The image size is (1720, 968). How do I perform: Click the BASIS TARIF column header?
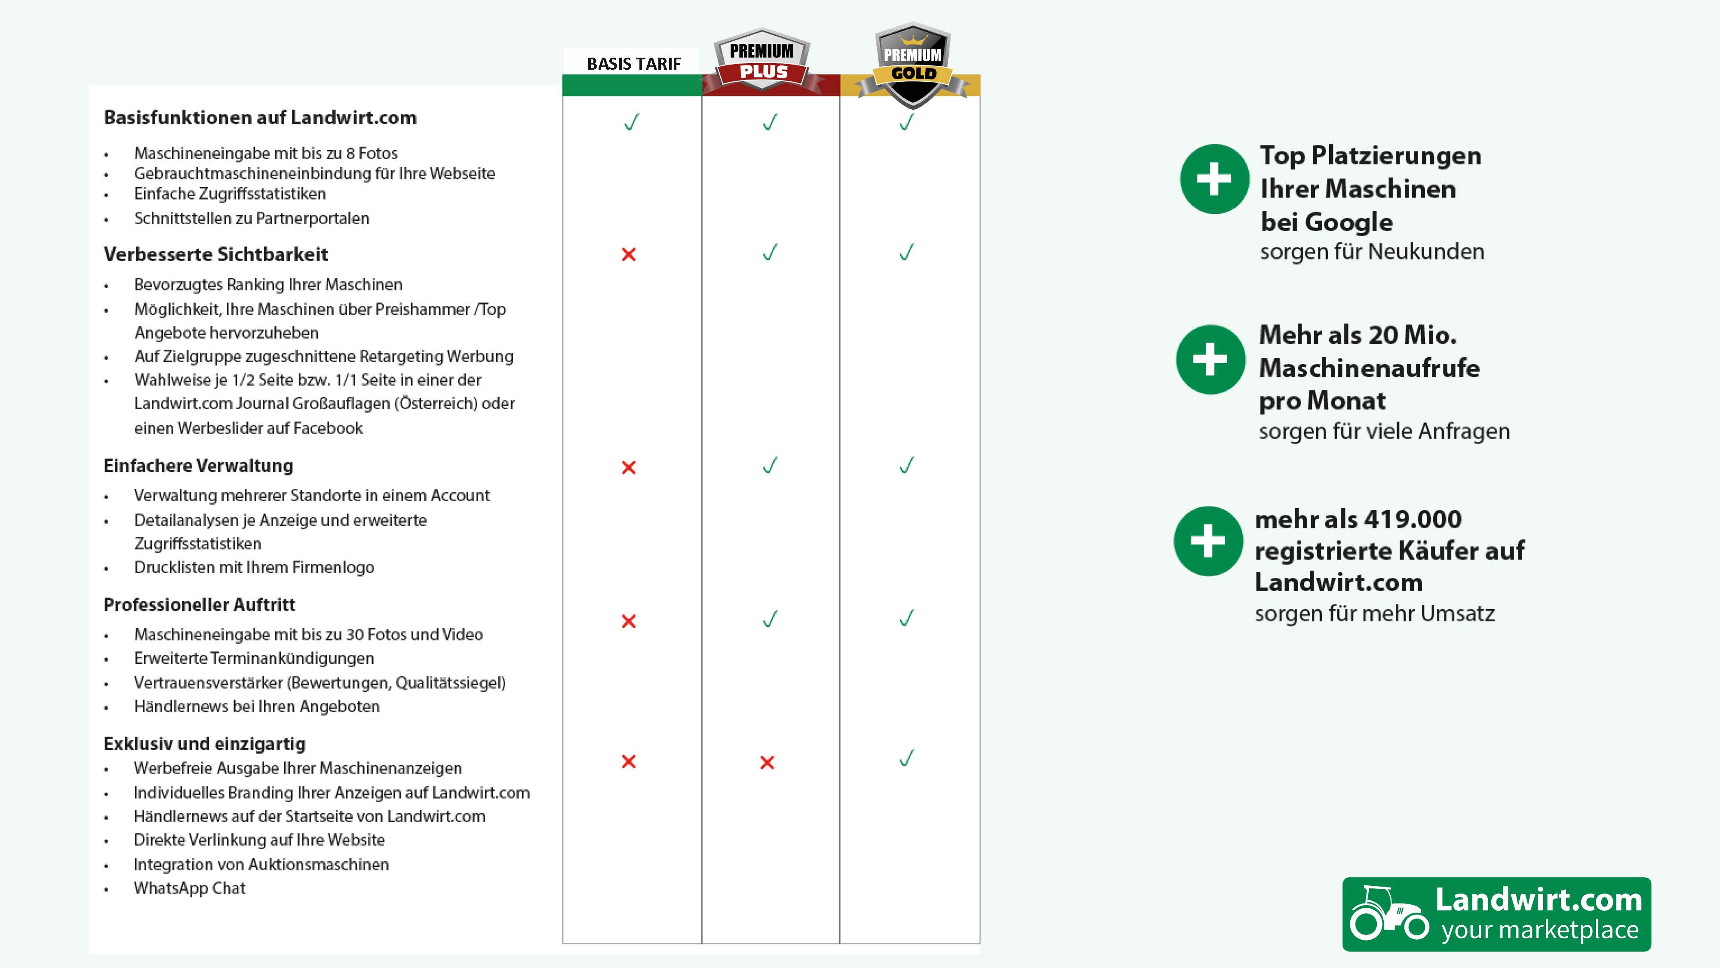pyautogui.click(x=633, y=64)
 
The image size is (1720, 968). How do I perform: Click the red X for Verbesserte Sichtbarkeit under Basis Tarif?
pyautogui.click(x=628, y=255)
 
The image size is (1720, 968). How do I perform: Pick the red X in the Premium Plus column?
pyautogui.click(x=767, y=762)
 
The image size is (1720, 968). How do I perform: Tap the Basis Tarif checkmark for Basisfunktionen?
pyautogui.click(x=631, y=122)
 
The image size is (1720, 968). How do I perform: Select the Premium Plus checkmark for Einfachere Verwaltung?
pyautogui.click(x=770, y=465)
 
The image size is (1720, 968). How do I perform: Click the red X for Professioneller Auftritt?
pyautogui.click(x=628, y=621)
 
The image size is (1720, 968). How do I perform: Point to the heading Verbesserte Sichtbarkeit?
pyautogui.click(x=216, y=255)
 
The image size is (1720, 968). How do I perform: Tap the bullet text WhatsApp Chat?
pyautogui.click(x=190, y=888)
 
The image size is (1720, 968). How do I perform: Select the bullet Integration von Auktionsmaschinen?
pyautogui.click(x=261, y=864)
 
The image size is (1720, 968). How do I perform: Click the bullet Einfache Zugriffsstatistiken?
pyautogui.click(x=230, y=194)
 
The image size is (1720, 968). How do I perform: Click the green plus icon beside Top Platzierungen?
pyautogui.click(x=1214, y=179)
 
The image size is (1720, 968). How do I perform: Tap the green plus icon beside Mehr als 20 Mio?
pyautogui.click(x=1210, y=359)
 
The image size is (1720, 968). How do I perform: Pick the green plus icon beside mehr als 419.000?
pyautogui.click(x=1208, y=541)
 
